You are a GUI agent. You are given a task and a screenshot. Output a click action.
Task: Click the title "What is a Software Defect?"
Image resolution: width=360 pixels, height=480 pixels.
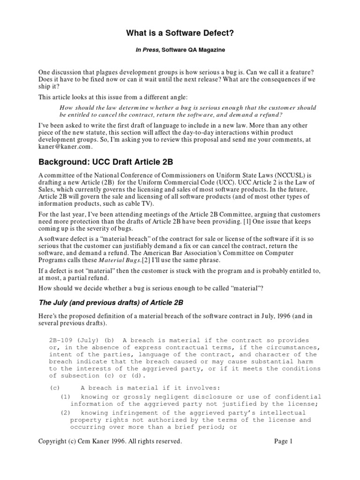pyautogui.click(x=180, y=33)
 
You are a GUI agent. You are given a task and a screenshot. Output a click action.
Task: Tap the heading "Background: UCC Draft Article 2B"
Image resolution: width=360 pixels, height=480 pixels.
pyautogui.click(x=106, y=162)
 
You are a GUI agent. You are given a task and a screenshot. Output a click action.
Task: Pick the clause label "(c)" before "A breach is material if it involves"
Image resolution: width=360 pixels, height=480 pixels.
pyautogui.click(x=54, y=388)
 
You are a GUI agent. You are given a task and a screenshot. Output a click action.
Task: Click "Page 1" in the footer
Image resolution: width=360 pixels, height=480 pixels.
pyautogui.click(x=283, y=441)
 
